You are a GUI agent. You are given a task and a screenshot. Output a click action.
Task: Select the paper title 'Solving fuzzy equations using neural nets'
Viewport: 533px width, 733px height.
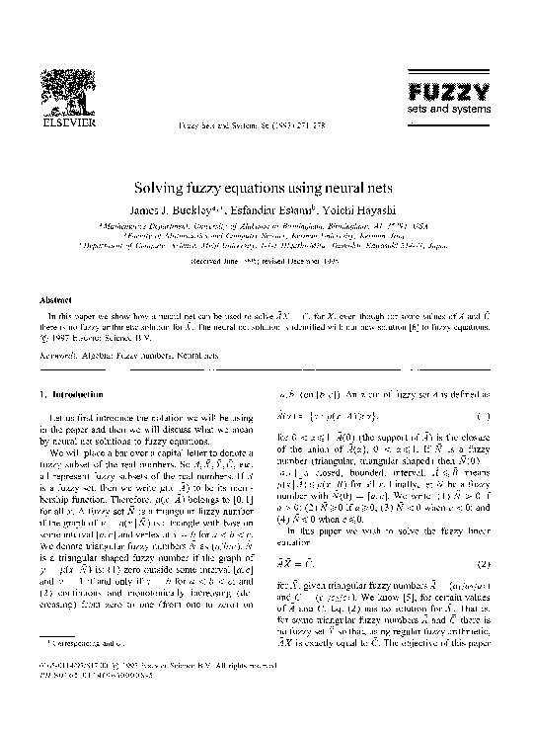266,186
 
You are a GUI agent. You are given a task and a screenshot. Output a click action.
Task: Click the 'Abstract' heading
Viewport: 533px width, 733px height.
54,299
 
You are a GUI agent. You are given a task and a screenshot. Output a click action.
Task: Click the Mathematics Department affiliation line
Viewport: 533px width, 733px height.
266,225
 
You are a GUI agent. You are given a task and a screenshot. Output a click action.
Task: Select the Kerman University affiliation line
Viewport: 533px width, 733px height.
266,236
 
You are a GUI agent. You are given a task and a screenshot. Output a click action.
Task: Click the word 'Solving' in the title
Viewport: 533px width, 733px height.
185,186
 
